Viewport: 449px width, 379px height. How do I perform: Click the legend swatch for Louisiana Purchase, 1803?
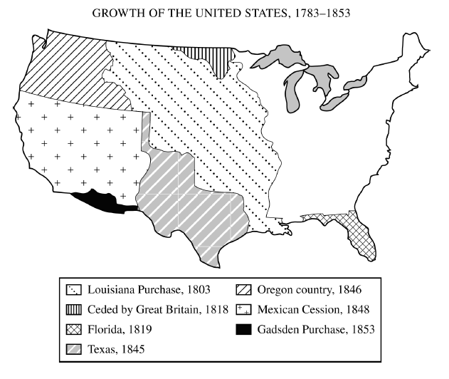74,291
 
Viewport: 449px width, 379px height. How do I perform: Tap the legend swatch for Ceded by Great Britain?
74,309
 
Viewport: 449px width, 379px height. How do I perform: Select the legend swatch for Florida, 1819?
74,328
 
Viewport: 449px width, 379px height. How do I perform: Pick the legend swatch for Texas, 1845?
74,348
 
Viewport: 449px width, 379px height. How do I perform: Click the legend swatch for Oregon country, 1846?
244,291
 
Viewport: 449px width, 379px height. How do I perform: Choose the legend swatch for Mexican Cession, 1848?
244,309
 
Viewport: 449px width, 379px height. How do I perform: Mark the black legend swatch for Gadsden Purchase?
244,328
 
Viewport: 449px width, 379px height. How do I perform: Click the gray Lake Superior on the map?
285,55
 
